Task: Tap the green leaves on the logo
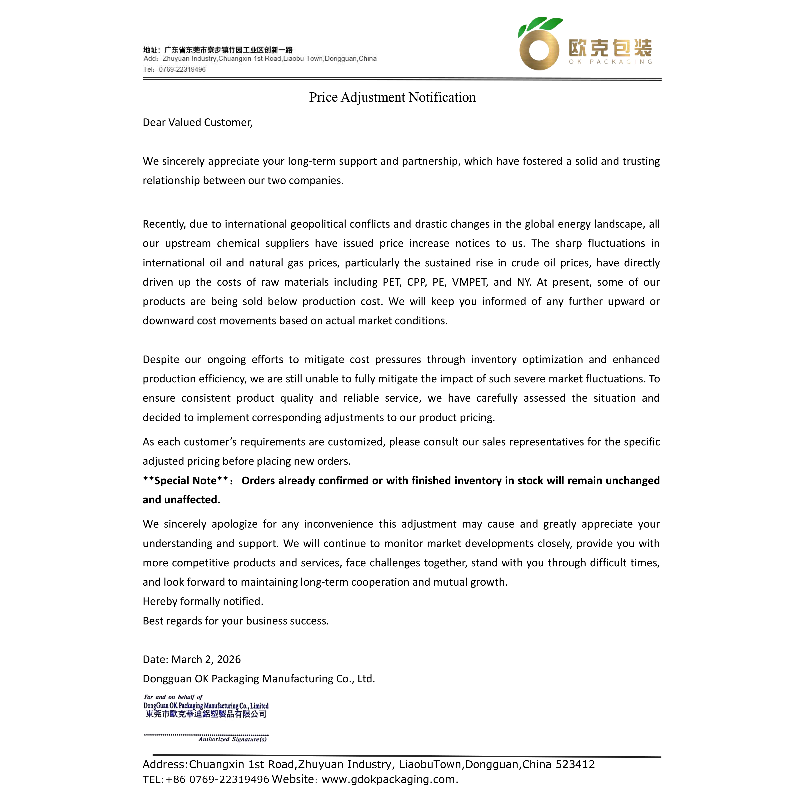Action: point(541,25)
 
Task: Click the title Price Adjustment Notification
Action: point(392,97)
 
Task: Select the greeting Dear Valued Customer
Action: point(197,122)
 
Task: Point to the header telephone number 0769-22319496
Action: point(182,70)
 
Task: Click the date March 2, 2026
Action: point(206,659)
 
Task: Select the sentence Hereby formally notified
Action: point(203,601)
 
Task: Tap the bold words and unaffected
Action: point(181,500)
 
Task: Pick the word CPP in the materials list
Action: point(416,282)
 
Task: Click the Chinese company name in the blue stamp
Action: point(206,714)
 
